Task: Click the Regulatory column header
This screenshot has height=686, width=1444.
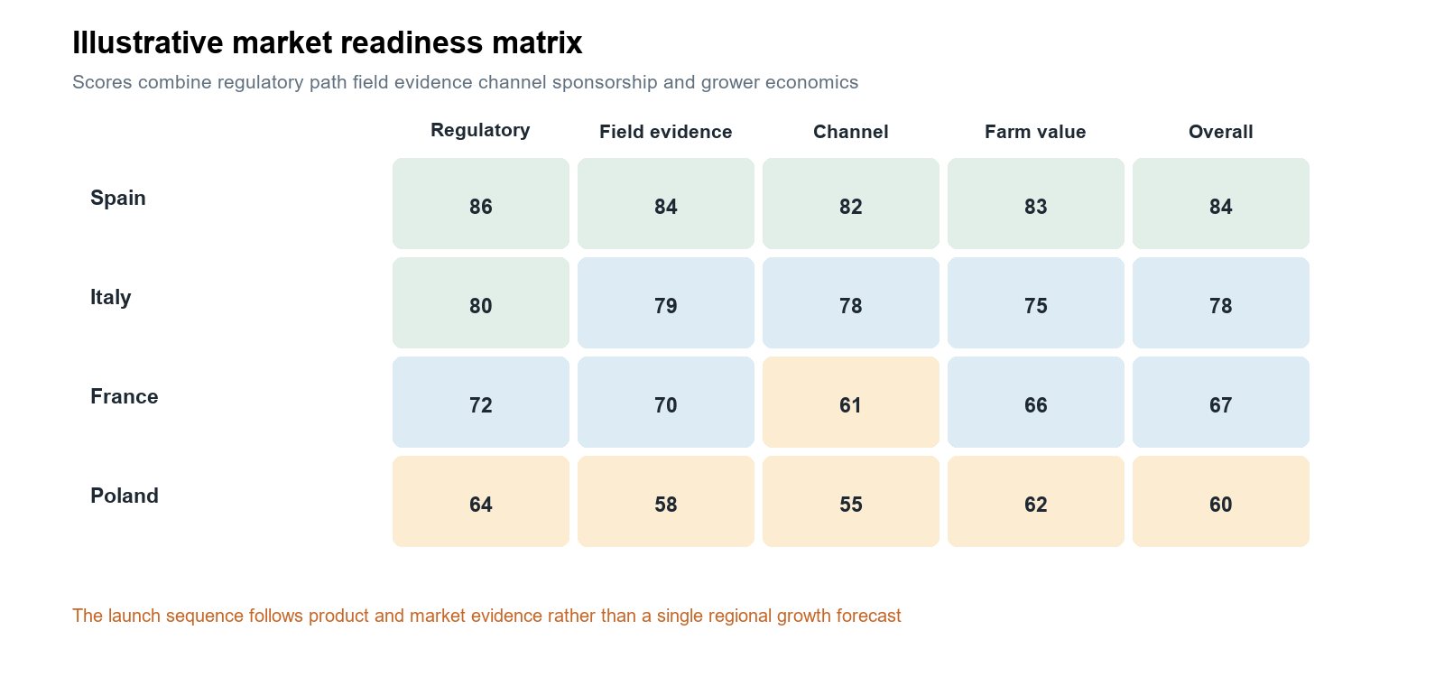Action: pyautogui.click(x=480, y=130)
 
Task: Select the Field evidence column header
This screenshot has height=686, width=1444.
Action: pyautogui.click(x=666, y=132)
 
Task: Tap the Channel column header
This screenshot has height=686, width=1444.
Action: pyautogui.click(x=851, y=132)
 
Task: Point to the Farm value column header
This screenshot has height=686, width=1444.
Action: pyautogui.click(x=1035, y=132)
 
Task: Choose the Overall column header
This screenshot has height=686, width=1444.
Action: pyautogui.click(x=1221, y=132)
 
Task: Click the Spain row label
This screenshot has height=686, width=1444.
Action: pyautogui.click(x=118, y=198)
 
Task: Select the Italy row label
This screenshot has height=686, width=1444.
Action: pyautogui.click(x=110, y=297)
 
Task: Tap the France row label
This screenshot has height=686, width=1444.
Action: pyautogui.click(x=125, y=396)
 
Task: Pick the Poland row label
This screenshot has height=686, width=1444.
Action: pyautogui.click(x=125, y=496)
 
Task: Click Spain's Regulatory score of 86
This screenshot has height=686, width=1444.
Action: pyautogui.click(x=481, y=204)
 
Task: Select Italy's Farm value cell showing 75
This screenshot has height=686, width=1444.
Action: pyautogui.click(x=1036, y=303)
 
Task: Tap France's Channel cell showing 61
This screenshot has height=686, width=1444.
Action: pyautogui.click(x=851, y=403)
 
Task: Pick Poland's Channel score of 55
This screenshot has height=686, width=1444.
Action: pyautogui.click(x=851, y=502)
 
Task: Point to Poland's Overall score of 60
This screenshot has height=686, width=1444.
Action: pyautogui.click(x=1221, y=502)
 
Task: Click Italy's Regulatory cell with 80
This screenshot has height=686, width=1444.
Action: pyautogui.click(x=481, y=303)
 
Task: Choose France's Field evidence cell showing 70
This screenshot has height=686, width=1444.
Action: pyautogui.click(x=666, y=403)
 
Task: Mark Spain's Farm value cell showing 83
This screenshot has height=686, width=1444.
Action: pyautogui.click(x=1036, y=204)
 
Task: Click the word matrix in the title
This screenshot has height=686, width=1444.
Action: pyautogui.click(x=537, y=43)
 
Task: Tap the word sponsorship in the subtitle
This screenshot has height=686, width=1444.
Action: pyautogui.click(x=605, y=82)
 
